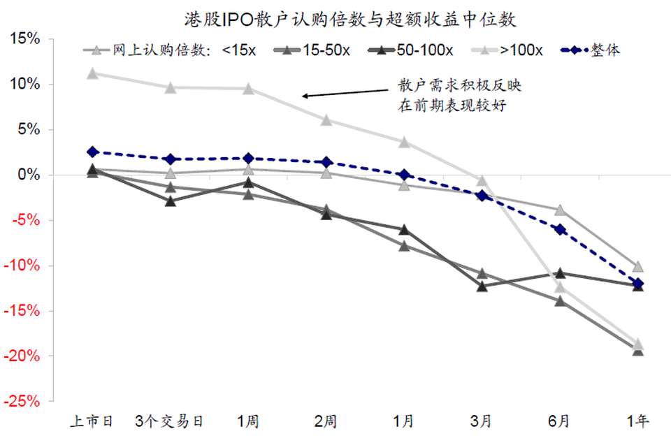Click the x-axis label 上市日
coord(92,421)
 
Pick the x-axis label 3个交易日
coord(171,421)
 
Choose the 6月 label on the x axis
coord(559,421)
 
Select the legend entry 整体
coord(605,50)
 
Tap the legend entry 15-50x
coord(327,50)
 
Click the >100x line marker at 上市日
coord(92,73)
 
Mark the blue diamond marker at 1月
coord(403,175)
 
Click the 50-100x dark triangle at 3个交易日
coord(171,201)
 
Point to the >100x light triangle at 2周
coord(326,120)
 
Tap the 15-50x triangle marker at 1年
coord(637,350)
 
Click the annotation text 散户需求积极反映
coord(459,87)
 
